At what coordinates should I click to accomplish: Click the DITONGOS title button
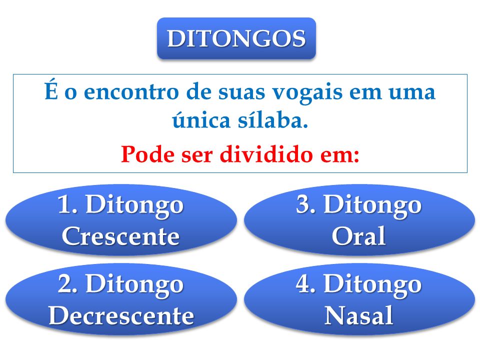coord(236,38)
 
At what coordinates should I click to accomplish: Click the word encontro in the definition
coord(131,92)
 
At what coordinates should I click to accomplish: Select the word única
coord(201,120)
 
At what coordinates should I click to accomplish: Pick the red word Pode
coord(147,154)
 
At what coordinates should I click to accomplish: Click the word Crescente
coord(120,236)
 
